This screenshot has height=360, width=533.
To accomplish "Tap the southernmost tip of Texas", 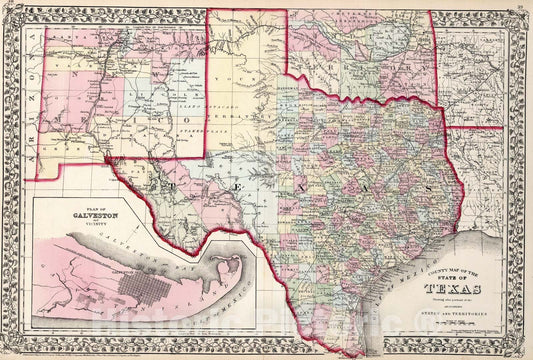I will pos(358,352).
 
